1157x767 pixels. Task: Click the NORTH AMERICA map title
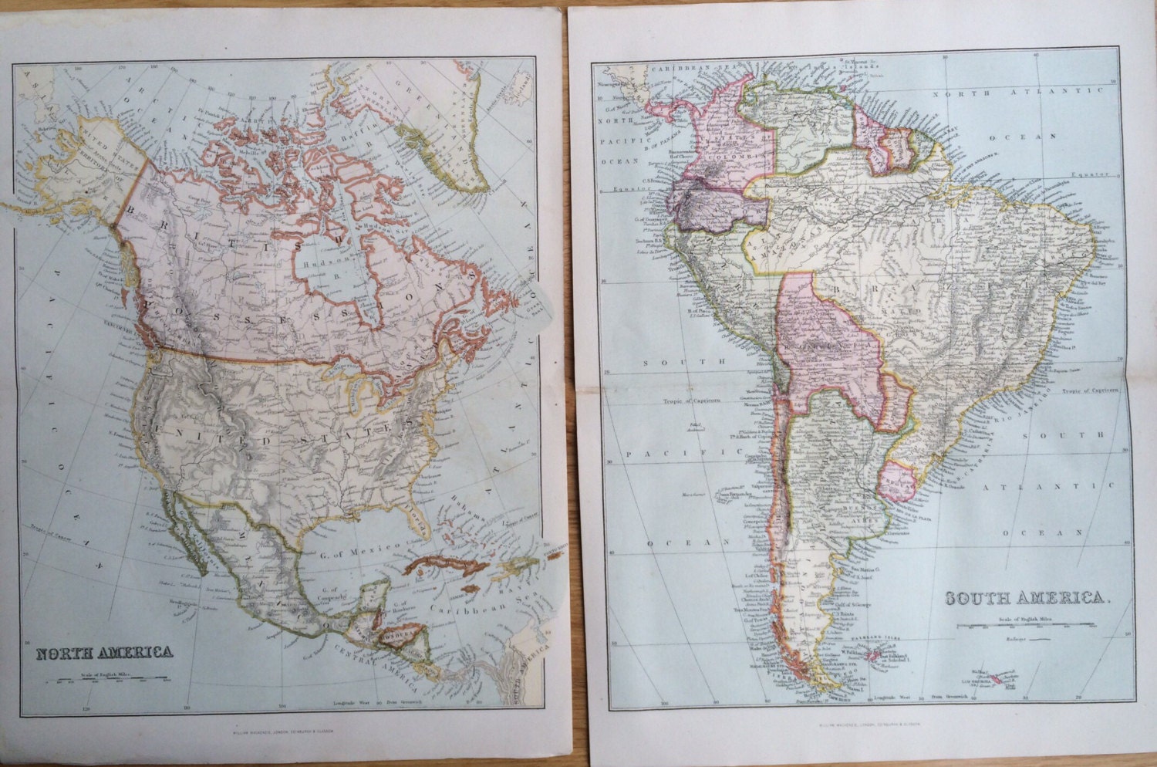click(105, 652)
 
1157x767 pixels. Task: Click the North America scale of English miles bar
click(109, 681)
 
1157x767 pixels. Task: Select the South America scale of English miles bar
click(1027, 626)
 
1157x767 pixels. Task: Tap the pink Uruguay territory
click(897, 478)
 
